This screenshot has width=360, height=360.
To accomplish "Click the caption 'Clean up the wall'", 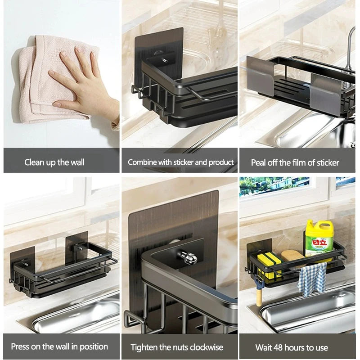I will tap(54, 162).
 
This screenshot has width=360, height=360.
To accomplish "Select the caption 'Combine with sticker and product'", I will tap(180, 162).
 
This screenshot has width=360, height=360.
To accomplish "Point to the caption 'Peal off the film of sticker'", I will tap(295, 162).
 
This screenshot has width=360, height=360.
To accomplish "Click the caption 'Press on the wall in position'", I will tap(59, 346).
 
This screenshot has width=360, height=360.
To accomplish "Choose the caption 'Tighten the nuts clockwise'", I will tap(177, 347).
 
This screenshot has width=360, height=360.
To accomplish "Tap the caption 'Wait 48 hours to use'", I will tap(292, 347).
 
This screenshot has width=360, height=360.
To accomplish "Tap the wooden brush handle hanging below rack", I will tap(260, 295).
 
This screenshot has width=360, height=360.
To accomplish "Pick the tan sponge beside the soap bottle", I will tap(292, 256).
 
